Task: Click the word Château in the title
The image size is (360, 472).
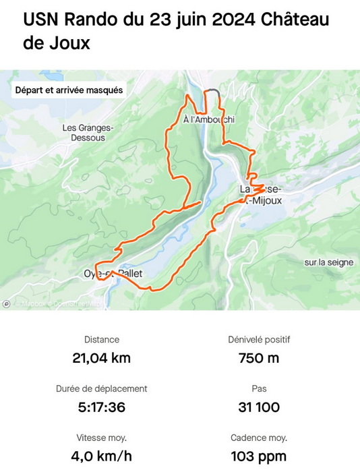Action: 296,20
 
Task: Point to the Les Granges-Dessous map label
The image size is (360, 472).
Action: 84,132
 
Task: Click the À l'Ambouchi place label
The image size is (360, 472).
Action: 209,119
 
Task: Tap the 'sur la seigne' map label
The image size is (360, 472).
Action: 328,262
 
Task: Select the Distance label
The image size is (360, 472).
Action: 101,341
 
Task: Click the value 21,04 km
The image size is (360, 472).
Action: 101,358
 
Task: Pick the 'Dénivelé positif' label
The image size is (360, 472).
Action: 259,341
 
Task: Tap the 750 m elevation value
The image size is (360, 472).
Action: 259,358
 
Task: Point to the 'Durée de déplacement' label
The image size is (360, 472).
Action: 101,389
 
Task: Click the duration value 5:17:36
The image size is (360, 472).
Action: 101,407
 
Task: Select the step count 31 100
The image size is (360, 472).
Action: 259,407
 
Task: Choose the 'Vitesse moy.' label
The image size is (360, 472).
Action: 101,438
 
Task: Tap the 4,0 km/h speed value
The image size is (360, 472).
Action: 101,456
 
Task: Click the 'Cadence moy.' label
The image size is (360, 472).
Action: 259,438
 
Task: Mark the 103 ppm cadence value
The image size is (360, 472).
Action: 259,456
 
